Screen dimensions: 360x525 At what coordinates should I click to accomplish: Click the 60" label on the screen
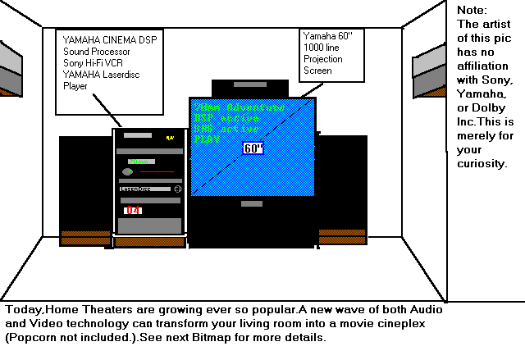(x=253, y=148)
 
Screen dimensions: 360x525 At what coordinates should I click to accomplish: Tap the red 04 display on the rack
(x=133, y=211)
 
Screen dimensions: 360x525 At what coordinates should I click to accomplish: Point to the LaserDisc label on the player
(x=135, y=189)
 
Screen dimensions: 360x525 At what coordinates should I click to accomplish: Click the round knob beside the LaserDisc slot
(x=176, y=189)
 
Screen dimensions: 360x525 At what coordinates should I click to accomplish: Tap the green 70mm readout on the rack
(x=141, y=162)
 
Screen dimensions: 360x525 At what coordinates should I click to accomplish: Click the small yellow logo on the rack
(x=170, y=138)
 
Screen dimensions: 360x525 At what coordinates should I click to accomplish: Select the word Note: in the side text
(x=472, y=10)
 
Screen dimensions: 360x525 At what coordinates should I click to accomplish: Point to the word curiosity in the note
(x=482, y=163)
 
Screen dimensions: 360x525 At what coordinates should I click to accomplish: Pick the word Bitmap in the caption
(x=242, y=337)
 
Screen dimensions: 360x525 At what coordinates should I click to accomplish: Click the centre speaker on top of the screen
(x=249, y=88)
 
